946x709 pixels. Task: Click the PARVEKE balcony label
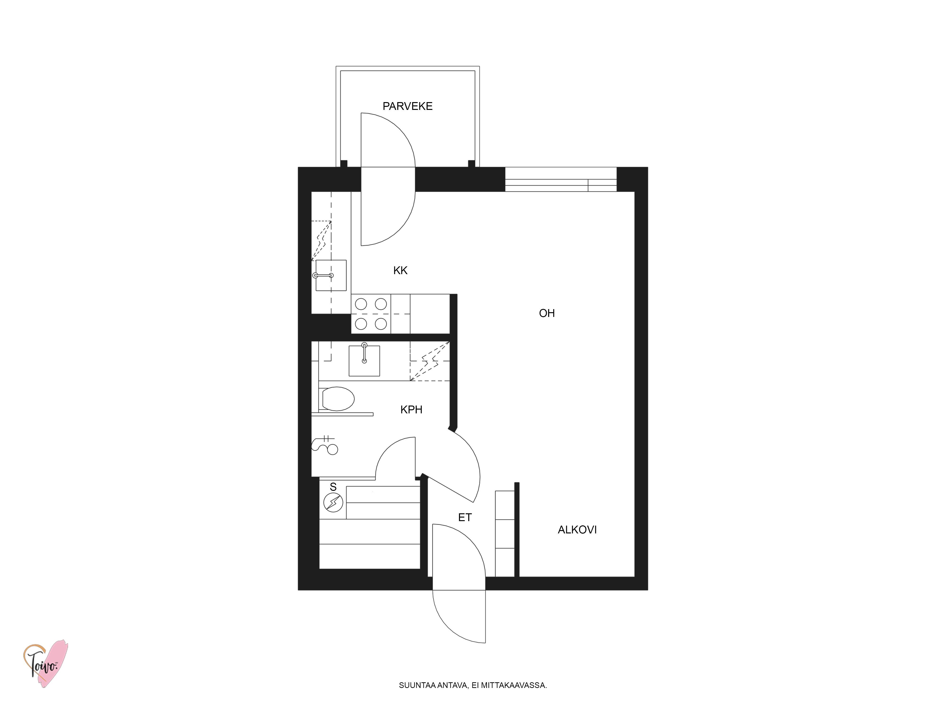(407, 106)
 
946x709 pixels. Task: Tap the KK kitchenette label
(400, 271)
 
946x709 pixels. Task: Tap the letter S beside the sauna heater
(333, 487)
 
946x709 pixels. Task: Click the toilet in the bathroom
(337, 399)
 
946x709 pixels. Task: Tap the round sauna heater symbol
(333, 503)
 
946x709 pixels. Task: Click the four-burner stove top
(371, 314)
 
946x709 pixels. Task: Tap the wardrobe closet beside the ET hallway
(505, 534)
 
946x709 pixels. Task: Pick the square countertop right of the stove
(430, 314)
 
